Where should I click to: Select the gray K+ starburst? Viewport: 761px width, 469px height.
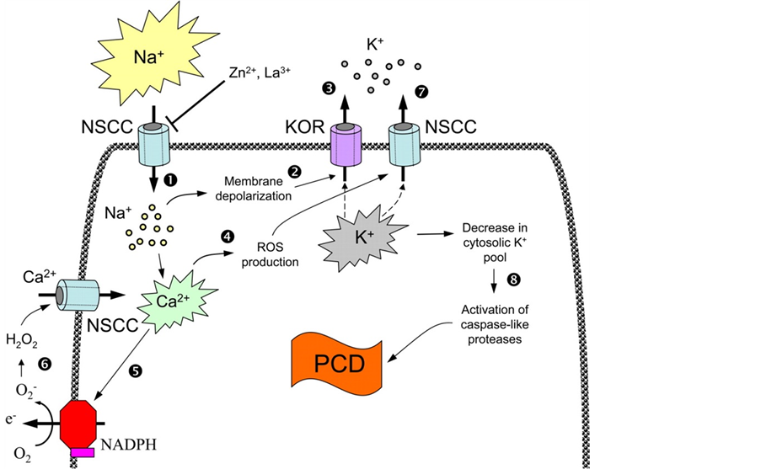[x=360, y=238]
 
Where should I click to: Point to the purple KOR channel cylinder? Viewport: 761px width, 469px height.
[x=345, y=147]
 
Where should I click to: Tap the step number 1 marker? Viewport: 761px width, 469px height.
[x=172, y=179]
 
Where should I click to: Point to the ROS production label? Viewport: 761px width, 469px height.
[x=271, y=255]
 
